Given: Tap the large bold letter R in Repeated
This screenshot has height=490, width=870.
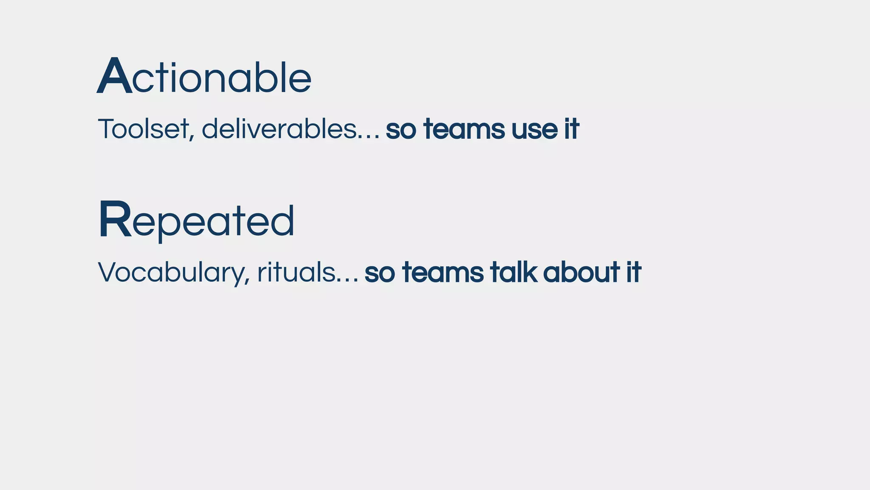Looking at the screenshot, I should (x=114, y=220).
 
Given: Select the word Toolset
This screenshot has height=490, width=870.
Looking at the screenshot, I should (x=143, y=129).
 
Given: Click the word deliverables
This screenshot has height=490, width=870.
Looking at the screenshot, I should (x=279, y=129).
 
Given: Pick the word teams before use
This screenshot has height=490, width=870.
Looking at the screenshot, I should (x=464, y=130).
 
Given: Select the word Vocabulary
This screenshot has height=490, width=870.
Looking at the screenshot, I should (x=170, y=273).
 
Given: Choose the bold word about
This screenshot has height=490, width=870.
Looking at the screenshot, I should (x=581, y=272).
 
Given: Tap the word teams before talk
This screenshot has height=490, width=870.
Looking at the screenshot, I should (x=443, y=273).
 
